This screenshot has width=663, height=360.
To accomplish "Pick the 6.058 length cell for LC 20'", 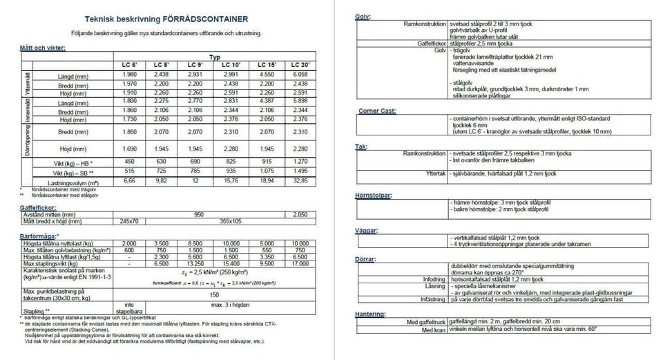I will [x=300, y=74].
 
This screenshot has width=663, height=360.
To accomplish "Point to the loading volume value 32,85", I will [x=300, y=182].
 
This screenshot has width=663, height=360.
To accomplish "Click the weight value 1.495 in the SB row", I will [x=300, y=171].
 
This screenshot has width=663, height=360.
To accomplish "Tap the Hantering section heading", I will [x=371, y=314].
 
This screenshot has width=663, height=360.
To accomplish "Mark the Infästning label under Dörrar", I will [x=427, y=301].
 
